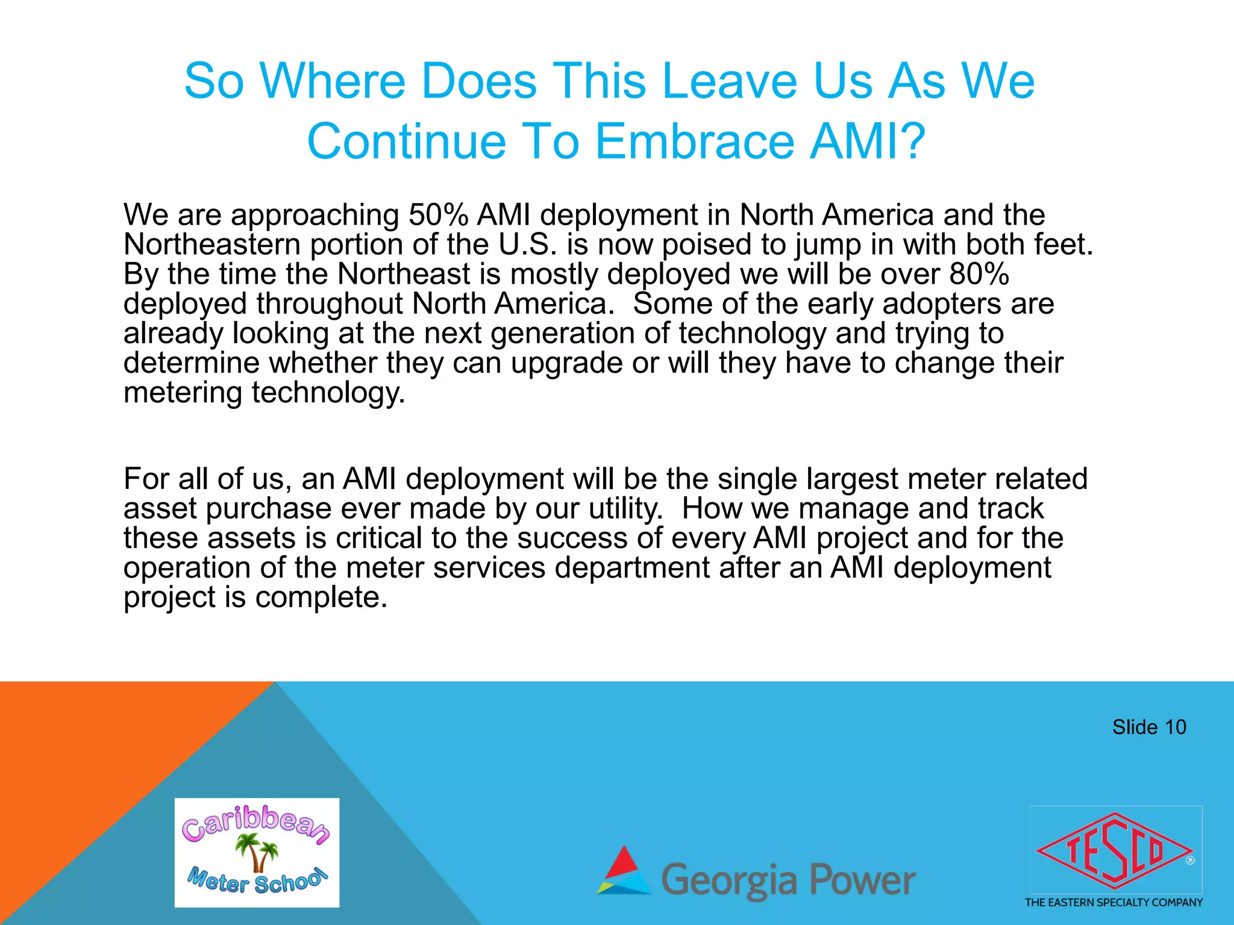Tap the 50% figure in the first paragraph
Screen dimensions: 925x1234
click(x=438, y=215)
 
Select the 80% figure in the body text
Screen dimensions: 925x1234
click(x=979, y=274)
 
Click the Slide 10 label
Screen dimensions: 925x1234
click(x=1148, y=727)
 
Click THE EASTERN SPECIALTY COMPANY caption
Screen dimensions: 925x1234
click(x=1113, y=902)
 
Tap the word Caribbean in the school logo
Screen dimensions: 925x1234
click(x=256, y=822)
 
